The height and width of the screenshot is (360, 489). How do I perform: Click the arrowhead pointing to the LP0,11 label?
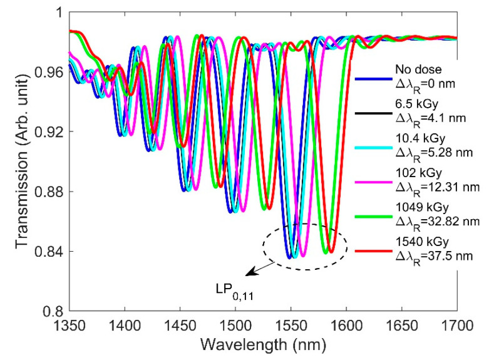[247, 274]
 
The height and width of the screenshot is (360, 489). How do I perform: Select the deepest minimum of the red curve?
[367, 252]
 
